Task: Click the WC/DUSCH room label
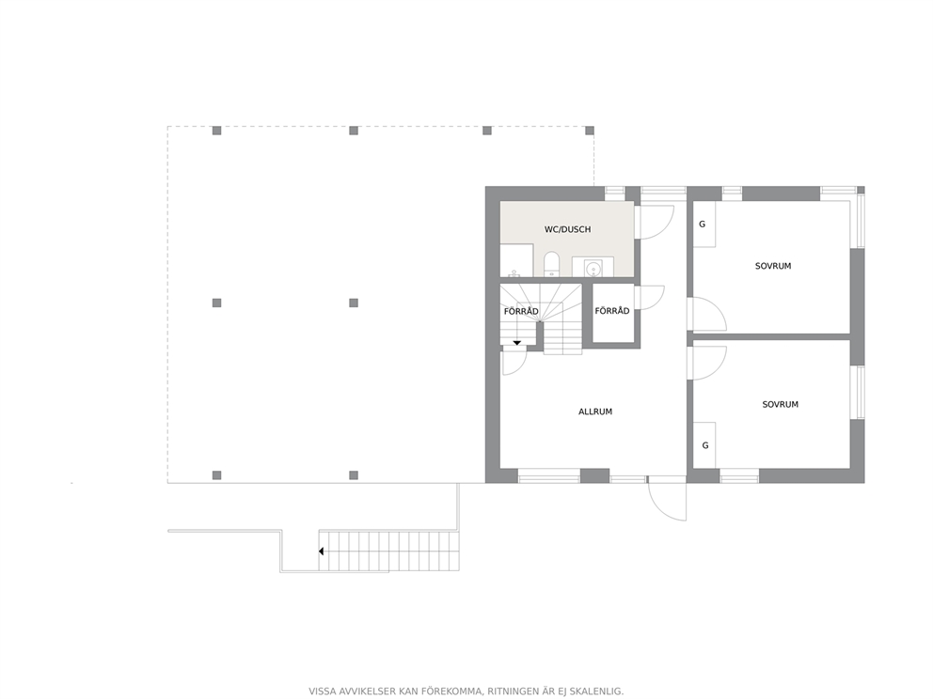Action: pyautogui.click(x=568, y=229)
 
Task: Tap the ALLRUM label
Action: pyautogui.click(x=595, y=412)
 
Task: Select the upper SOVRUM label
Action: pyautogui.click(x=773, y=266)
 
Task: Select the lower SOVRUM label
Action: pyautogui.click(x=780, y=404)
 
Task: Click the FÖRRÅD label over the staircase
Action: pyautogui.click(x=521, y=312)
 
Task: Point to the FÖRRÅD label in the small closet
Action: pyautogui.click(x=611, y=311)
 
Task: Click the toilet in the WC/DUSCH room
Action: pyautogui.click(x=551, y=265)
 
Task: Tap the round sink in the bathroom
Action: pyautogui.click(x=593, y=270)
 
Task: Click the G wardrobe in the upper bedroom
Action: pyautogui.click(x=704, y=225)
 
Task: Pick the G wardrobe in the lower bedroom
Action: pyautogui.click(x=704, y=445)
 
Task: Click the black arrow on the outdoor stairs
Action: pyautogui.click(x=322, y=551)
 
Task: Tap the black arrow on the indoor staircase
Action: pyautogui.click(x=517, y=343)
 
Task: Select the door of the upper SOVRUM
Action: pyautogui.click(x=706, y=314)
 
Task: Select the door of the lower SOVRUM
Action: pyautogui.click(x=706, y=363)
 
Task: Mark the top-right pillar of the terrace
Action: pyautogui.click(x=590, y=131)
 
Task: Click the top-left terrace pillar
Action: pyautogui.click(x=216, y=131)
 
